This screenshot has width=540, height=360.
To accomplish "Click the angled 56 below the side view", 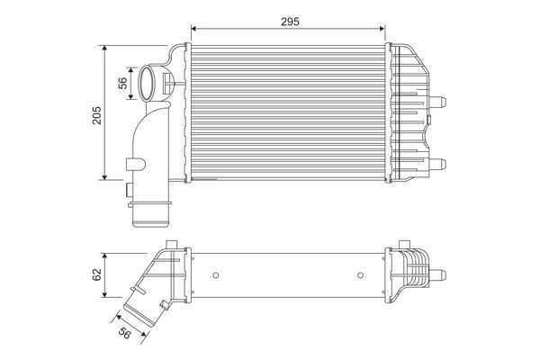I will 125,332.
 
